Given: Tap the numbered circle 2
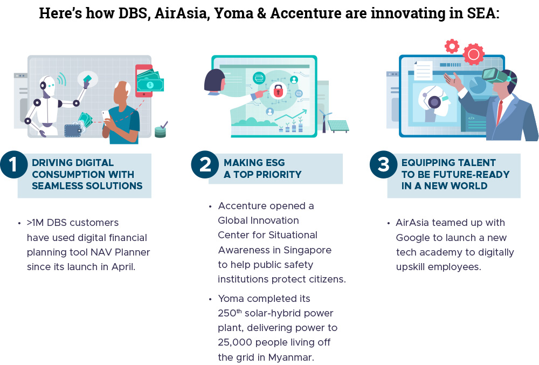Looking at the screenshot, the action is click(205, 164).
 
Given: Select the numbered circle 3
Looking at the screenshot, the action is click(384, 164).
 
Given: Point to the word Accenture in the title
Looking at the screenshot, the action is click(306, 13).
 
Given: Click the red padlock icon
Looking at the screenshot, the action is click(278, 91).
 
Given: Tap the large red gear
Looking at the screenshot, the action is click(473, 54).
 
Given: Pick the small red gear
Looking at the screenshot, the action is click(452, 46).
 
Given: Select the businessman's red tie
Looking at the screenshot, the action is click(500, 112).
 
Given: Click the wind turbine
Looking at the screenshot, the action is click(324, 121).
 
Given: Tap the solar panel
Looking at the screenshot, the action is click(338, 126).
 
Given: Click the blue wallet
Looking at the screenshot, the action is click(73, 130).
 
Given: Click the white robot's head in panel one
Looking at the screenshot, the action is click(47, 85).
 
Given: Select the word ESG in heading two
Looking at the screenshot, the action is click(274, 163).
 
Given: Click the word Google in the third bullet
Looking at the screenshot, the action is click(414, 238).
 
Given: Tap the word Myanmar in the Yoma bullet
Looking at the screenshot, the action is click(291, 357).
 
